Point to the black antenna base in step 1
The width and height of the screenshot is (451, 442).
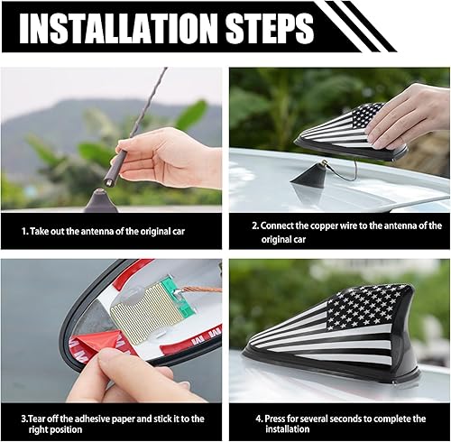(101, 201)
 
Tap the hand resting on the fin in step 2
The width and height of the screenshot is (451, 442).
(410, 113)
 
